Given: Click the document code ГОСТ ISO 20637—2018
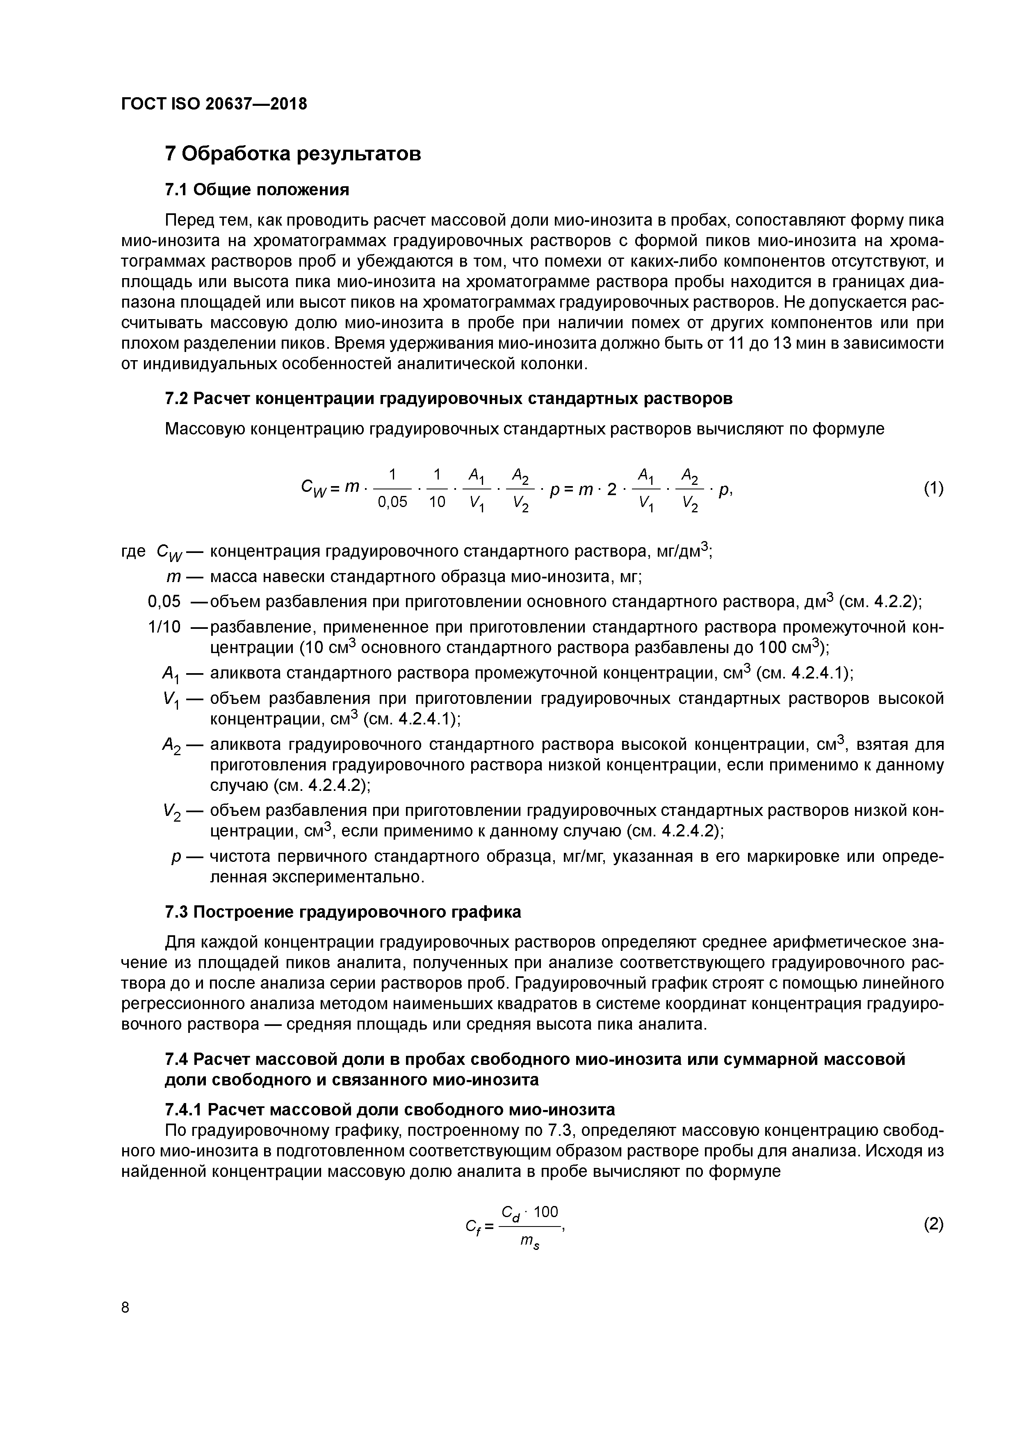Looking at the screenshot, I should [214, 104].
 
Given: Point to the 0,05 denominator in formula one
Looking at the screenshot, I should [392, 502].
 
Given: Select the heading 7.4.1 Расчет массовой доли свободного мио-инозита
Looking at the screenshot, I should [389, 1110].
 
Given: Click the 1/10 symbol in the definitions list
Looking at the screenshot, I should [164, 627].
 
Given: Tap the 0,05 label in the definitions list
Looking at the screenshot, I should [164, 602].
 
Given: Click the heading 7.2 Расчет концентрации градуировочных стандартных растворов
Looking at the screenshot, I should [448, 399].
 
